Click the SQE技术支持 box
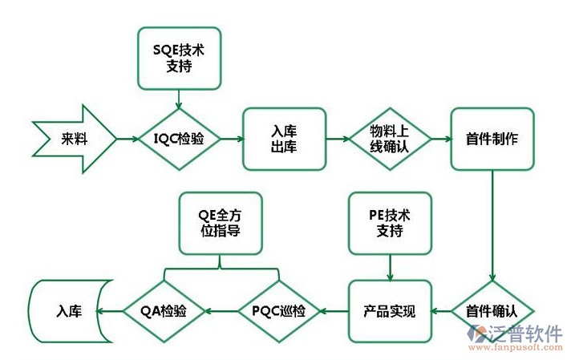pyautogui.click(x=179, y=58)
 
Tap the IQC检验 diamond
pyautogui.click(x=179, y=139)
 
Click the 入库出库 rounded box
pyautogui.click(x=285, y=139)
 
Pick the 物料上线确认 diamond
pyautogui.click(x=390, y=139)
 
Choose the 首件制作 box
pyautogui.click(x=492, y=139)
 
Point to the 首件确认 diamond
pyautogui.click(x=492, y=310)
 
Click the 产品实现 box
pyautogui.click(x=390, y=310)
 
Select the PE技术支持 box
pyautogui.click(x=390, y=223)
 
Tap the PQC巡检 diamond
pyautogui.click(x=278, y=310)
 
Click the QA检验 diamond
pyautogui.click(x=164, y=310)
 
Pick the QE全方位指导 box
pyautogui.click(x=220, y=223)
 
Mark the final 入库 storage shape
pyautogui.click(x=67, y=310)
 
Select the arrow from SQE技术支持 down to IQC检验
pyautogui.click(x=179, y=98)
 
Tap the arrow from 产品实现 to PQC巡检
pyautogui.click(x=333, y=310)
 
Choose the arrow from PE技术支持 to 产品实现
pyautogui.click(x=390, y=266)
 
